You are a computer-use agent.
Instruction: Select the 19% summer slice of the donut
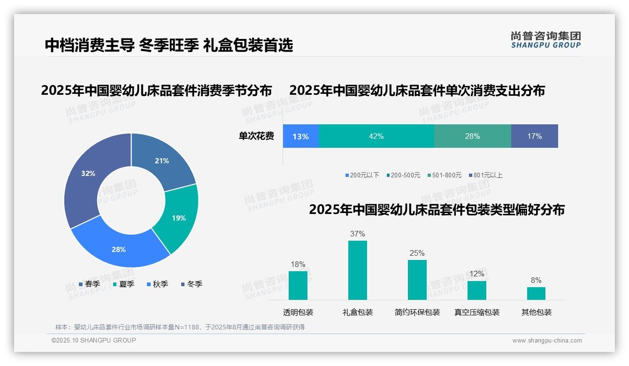tap(179, 218)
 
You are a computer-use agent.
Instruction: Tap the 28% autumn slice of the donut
tap(119, 249)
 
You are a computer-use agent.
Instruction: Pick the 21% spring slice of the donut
tap(162, 161)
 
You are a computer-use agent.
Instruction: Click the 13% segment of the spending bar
tap(301, 137)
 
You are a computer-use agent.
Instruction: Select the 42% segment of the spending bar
tap(376, 137)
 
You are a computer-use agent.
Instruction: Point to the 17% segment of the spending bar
tap(535, 137)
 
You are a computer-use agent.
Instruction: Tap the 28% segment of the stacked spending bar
tap(472, 137)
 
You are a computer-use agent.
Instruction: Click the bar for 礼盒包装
tap(358, 270)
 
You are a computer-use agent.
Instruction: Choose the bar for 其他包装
tap(536, 293)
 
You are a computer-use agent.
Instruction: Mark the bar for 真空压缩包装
tap(477, 290)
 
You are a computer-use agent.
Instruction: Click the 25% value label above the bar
tap(417, 253)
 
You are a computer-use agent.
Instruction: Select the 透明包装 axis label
tap(298, 312)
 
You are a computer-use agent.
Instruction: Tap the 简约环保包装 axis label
tap(417, 312)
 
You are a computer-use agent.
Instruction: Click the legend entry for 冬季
tap(192, 284)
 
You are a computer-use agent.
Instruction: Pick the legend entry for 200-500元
tap(403, 175)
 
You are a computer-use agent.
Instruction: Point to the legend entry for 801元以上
tap(485, 175)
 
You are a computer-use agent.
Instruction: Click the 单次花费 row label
tap(256, 137)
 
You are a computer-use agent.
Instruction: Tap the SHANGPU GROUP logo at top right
tap(545, 40)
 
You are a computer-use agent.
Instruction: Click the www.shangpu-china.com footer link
tap(547, 341)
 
